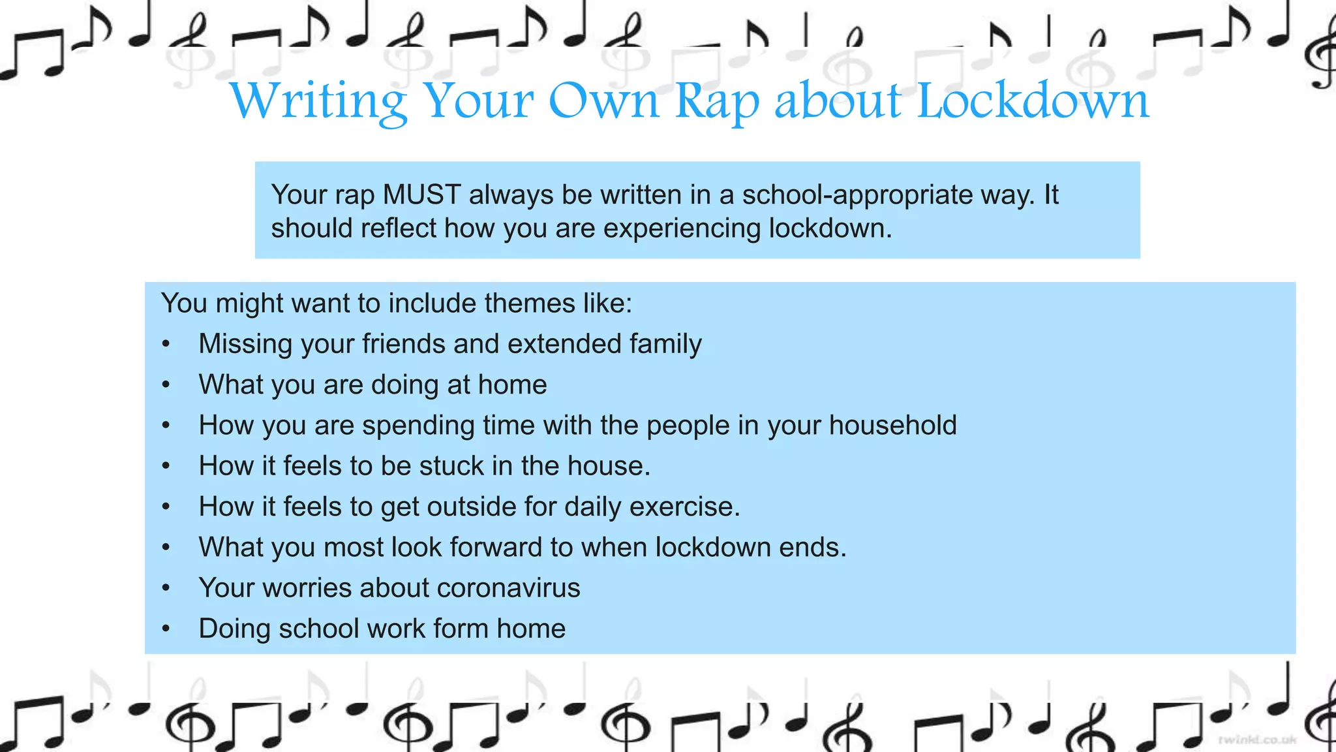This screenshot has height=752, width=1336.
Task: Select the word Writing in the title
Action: coord(318,102)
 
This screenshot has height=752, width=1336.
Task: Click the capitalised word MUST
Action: coord(422,195)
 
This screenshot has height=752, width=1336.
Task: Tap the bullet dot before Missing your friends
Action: coord(166,344)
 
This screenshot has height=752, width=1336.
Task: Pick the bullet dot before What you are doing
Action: coord(166,385)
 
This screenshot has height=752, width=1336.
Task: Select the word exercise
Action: coord(684,507)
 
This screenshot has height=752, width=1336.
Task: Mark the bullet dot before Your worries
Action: coord(166,588)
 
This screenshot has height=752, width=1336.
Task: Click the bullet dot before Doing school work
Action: coord(166,629)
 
